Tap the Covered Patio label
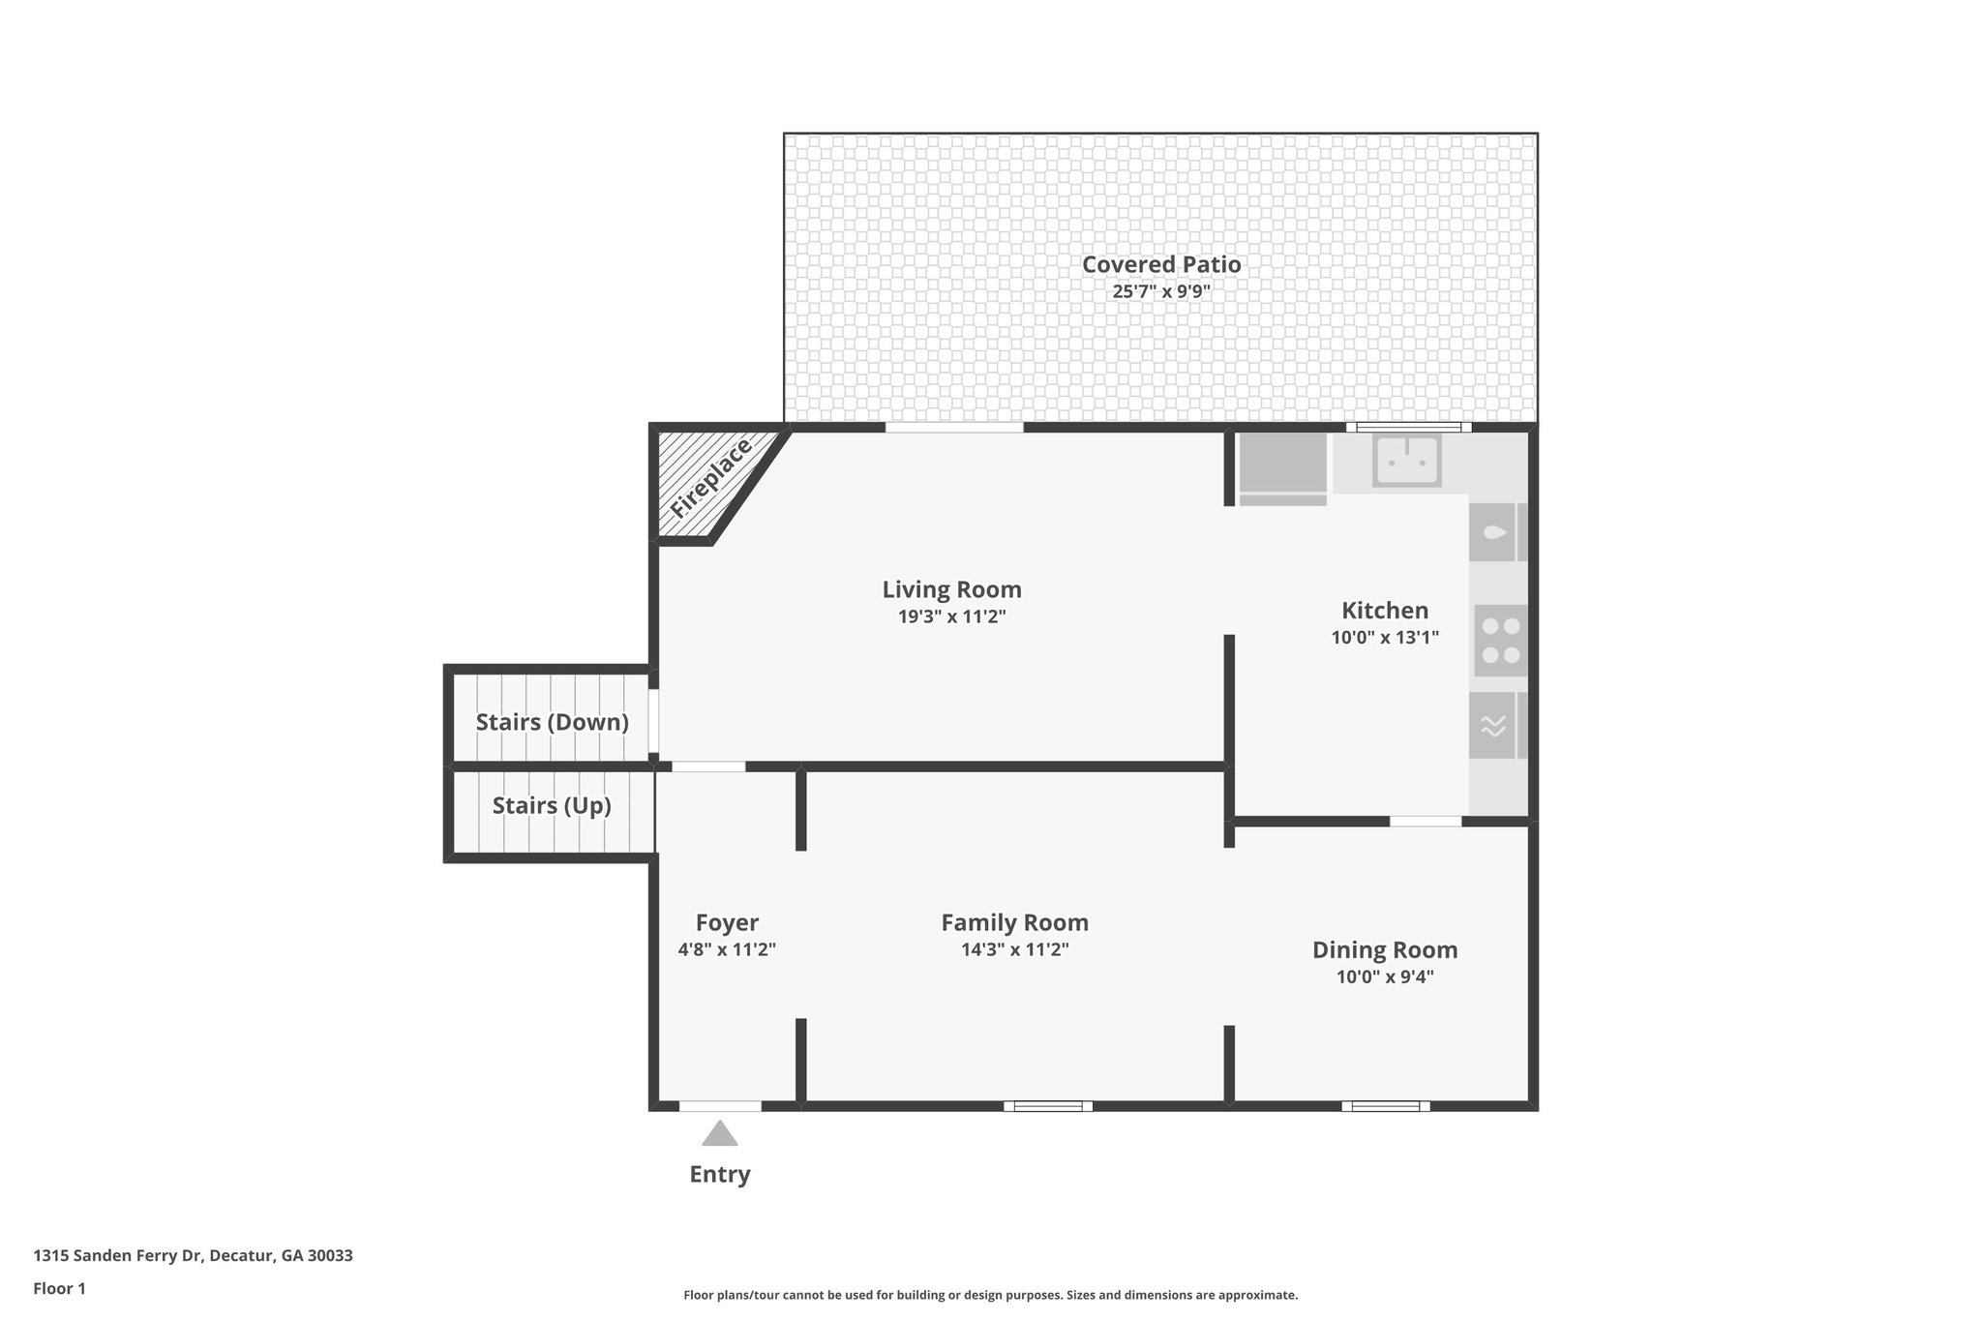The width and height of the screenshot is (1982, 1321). click(x=1160, y=264)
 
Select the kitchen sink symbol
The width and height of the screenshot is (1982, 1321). click(x=1407, y=461)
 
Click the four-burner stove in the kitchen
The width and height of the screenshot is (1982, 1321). click(x=1500, y=641)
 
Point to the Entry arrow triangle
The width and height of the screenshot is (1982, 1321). click(x=719, y=1133)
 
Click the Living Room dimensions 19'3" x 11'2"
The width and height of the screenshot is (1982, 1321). click(x=951, y=616)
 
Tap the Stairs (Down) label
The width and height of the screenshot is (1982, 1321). click(x=552, y=722)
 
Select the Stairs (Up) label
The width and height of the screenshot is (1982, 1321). click(x=552, y=805)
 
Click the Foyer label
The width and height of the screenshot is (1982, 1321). click(x=727, y=922)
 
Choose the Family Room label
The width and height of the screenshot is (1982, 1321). click(x=1014, y=922)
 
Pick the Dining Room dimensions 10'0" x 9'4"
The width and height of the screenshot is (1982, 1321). click(x=1384, y=976)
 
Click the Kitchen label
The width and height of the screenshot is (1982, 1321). click(x=1384, y=611)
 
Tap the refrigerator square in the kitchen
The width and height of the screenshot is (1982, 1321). click(x=1282, y=463)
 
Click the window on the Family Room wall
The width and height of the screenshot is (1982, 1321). click(x=1047, y=1105)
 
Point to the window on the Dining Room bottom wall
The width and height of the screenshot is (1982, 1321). click(x=1385, y=1105)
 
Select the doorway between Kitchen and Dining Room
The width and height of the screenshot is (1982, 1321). click(x=1425, y=822)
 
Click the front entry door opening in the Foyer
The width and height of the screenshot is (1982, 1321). click(x=719, y=1105)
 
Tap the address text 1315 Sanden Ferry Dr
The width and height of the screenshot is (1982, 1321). click(x=193, y=1256)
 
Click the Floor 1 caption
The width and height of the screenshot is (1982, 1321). click(x=59, y=1288)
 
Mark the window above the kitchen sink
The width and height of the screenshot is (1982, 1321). click(x=1407, y=428)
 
